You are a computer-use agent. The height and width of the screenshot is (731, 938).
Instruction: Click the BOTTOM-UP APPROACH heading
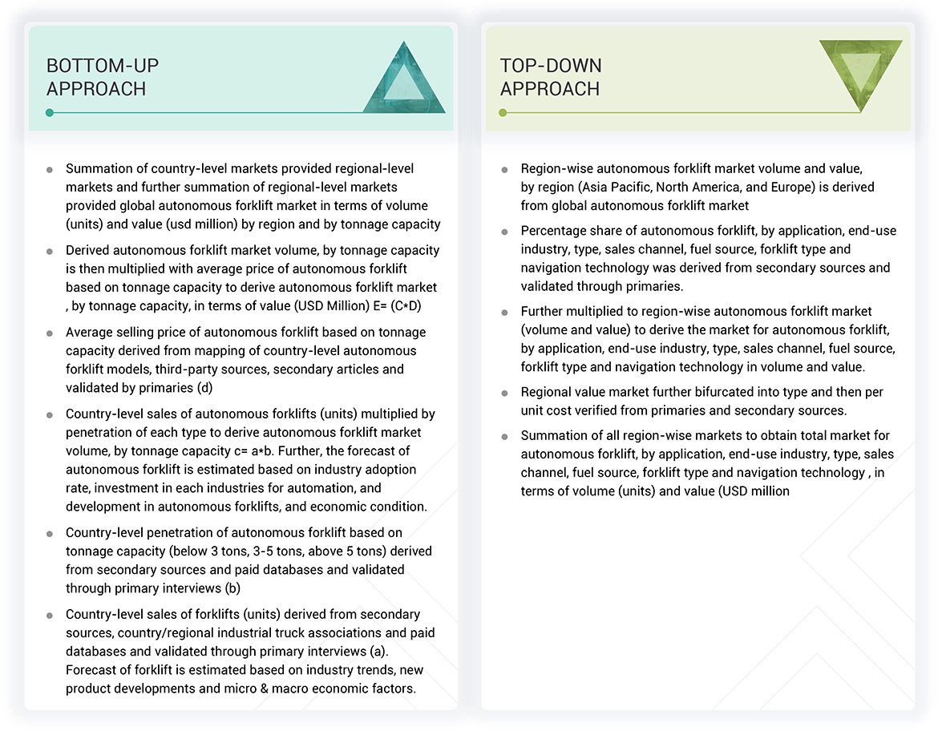coord(96,77)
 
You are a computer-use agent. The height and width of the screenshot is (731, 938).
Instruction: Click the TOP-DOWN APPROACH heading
coord(551,77)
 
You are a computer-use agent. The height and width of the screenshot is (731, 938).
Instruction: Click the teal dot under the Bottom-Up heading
coord(50,113)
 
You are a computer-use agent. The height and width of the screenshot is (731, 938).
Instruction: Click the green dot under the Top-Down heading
coord(503,113)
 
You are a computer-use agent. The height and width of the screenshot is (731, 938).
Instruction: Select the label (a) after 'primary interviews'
coord(357,652)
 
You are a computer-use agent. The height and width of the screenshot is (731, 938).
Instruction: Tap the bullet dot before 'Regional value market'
coord(504,394)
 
